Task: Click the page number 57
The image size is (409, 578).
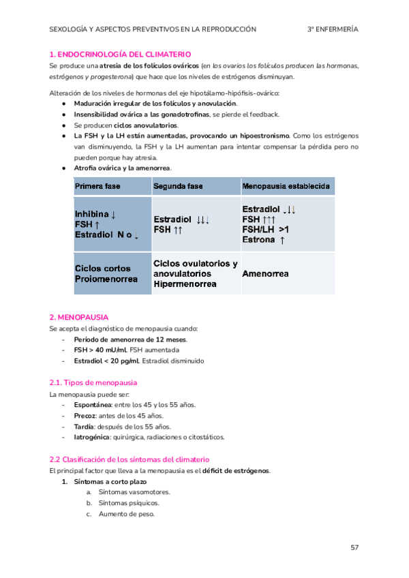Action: coord(354,547)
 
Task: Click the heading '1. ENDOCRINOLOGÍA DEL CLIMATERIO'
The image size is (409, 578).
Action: coord(120,54)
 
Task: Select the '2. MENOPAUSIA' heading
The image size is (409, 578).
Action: coord(78,318)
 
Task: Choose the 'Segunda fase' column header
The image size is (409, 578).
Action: coord(178,186)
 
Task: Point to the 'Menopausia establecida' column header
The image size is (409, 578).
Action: coord(286,186)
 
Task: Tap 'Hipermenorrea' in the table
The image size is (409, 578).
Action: coord(185,284)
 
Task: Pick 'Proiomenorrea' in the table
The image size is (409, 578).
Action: coord(106,279)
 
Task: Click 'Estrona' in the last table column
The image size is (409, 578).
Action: coord(259,239)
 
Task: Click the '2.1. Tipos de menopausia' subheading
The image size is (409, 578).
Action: coord(93,382)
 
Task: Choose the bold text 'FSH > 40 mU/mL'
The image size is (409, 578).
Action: coord(100,350)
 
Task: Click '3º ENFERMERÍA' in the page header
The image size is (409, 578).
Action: coord(333,29)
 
